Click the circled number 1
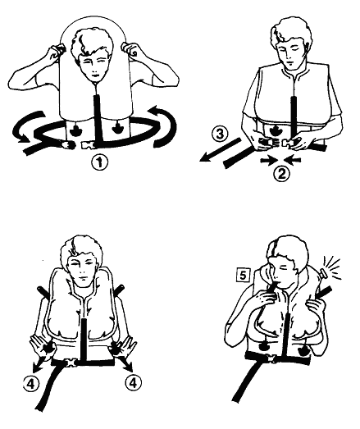pyautogui.click(x=99, y=162)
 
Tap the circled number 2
pyautogui.click(x=282, y=173)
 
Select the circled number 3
pyautogui.click(x=221, y=135)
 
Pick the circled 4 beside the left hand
pyautogui.click(x=31, y=384)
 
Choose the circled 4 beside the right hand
pyautogui.click(x=133, y=383)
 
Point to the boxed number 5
pyautogui.click(x=244, y=276)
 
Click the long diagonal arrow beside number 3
pyautogui.click(x=221, y=150)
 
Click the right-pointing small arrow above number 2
pyautogui.click(x=268, y=160)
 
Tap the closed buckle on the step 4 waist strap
pyautogui.click(x=72, y=363)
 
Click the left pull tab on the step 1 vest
pyautogui.click(x=74, y=130)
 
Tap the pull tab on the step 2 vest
pyautogui.click(x=275, y=130)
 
